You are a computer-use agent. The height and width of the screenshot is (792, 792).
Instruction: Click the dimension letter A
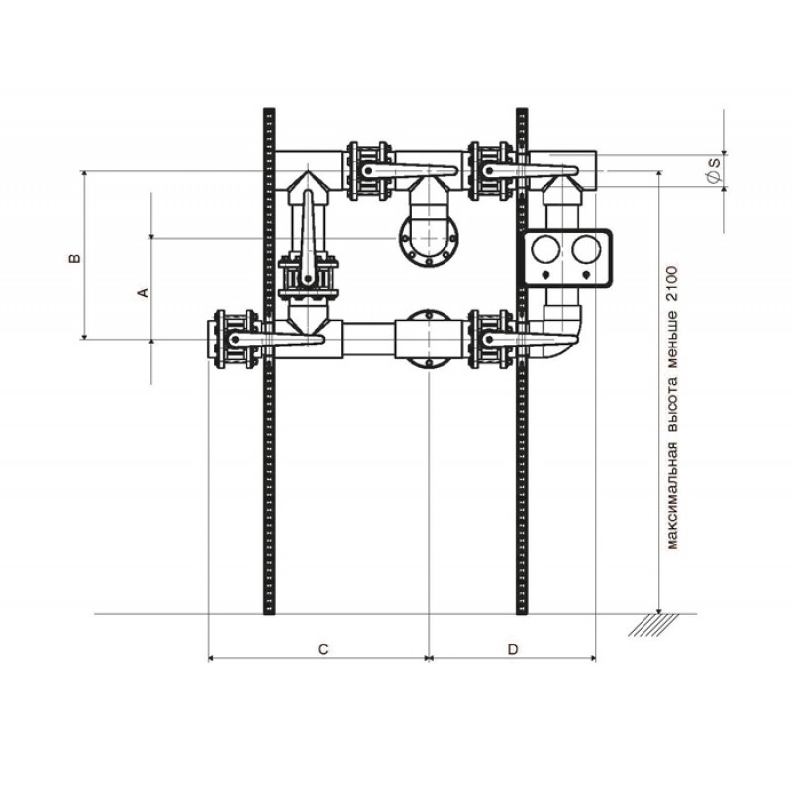click(144, 292)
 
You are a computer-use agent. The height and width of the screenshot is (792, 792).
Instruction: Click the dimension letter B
click(75, 258)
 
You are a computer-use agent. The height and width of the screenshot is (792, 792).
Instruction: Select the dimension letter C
click(323, 649)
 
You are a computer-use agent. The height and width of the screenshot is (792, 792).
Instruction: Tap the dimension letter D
click(513, 649)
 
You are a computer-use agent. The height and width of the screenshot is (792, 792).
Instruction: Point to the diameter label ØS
click(714, 169)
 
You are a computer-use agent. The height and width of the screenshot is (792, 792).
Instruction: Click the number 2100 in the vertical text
click(673, 284)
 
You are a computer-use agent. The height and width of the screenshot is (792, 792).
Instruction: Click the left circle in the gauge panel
click(546, 249)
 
